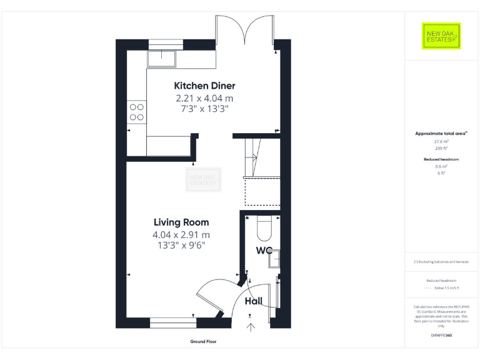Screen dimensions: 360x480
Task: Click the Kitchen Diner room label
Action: [204, 86]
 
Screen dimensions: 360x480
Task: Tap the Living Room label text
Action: [181, 222]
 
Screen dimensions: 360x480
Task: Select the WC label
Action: [264, 251]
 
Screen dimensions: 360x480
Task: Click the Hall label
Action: [253, 301]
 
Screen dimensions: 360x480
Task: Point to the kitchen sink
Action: [162, 59]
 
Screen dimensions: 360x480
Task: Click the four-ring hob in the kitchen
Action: [136, 112]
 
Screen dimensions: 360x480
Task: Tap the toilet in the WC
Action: [264, 228]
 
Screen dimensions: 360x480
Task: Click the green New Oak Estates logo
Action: [441, 36]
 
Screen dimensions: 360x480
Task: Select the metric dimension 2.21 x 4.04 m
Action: [204, 98]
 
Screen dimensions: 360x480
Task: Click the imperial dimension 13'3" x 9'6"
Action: [181, 245]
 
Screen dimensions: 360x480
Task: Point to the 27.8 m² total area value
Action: [442, 141]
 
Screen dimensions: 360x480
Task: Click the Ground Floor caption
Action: [203, 342]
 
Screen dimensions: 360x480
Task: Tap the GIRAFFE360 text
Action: [441, 336]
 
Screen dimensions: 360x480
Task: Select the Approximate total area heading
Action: [441, 133]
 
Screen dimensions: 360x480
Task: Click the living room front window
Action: [173, 322]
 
